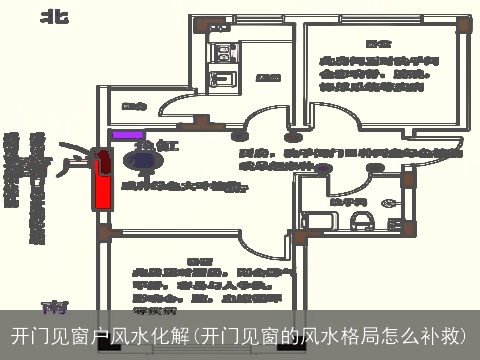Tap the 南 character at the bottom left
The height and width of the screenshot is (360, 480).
tap(51, 304)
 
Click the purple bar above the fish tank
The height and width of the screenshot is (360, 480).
tap(127, 134)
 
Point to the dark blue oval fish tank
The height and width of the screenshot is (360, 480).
tap(136, 156)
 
